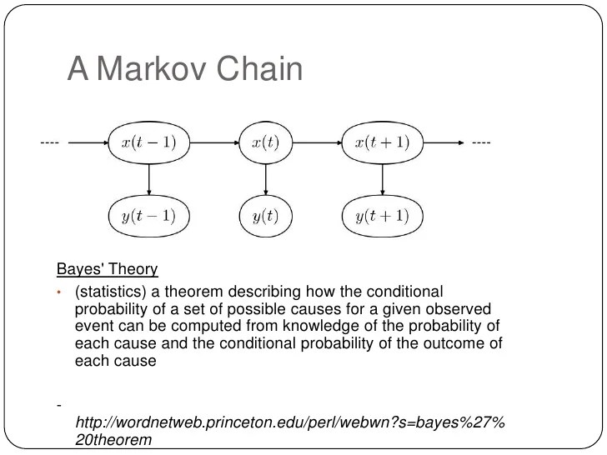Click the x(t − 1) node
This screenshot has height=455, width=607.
tap(148, 142)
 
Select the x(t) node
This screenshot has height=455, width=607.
tap(267, 142)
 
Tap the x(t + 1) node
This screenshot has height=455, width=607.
tap(383, 142)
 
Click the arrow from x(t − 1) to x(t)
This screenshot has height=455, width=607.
tap(213, 142)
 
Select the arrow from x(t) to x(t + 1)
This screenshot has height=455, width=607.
tap(318, 142)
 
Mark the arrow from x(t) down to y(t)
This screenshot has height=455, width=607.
tap(267, 179)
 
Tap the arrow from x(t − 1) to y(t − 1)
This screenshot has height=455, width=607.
tap(148, 179)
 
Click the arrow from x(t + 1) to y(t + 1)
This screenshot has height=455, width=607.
tap(383, 179)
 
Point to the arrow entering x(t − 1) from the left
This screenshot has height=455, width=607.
tap(88, 142)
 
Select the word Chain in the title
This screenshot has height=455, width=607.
tap(258, 70)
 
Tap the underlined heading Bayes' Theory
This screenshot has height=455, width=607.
tap(107, 269)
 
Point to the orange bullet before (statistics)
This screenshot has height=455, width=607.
tap(60, 292)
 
